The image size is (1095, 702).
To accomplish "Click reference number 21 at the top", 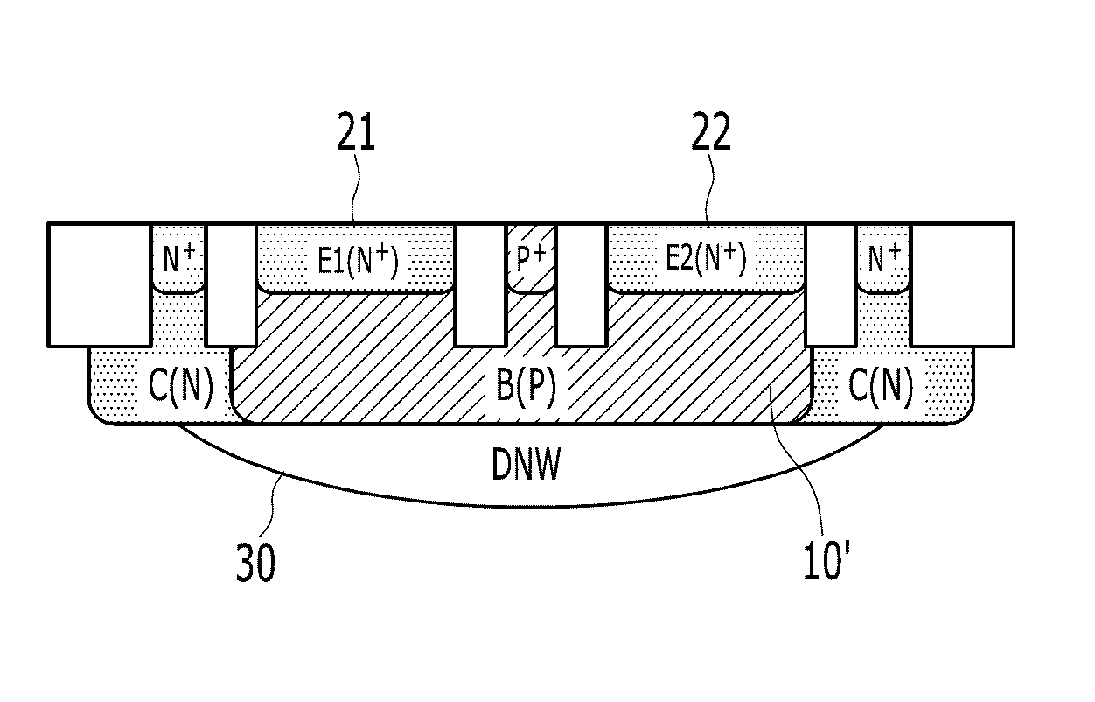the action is tap(356, 131).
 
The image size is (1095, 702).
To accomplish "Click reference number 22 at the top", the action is tap(711, 131).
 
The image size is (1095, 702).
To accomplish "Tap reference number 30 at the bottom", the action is tap(255, 563).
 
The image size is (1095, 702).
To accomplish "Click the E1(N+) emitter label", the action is tap(358, 260).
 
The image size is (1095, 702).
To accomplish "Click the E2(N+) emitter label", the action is tap(706, 258).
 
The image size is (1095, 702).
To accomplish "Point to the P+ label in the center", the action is tap(531, 258).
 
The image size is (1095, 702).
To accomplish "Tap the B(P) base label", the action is tap(526, 385).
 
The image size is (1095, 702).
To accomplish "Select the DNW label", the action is tap(526, 463).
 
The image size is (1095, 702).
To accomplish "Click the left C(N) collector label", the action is tap(180, 387).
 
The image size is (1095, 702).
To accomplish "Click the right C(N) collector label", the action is tap(881, 387).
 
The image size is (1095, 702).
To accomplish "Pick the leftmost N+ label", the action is tap(178, 258).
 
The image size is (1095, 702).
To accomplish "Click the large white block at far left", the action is tap(99, 284).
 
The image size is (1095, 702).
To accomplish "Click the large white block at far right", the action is tap(961, 284).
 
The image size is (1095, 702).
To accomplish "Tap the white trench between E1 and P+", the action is tap(479, 285).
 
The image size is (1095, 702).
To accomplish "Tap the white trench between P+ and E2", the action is tap(580, 285).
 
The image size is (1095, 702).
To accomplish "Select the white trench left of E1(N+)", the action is tap(231, 285).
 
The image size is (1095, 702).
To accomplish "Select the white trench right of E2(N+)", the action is tap(831, 285).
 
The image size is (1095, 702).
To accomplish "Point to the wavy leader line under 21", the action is tap(356, 188).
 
